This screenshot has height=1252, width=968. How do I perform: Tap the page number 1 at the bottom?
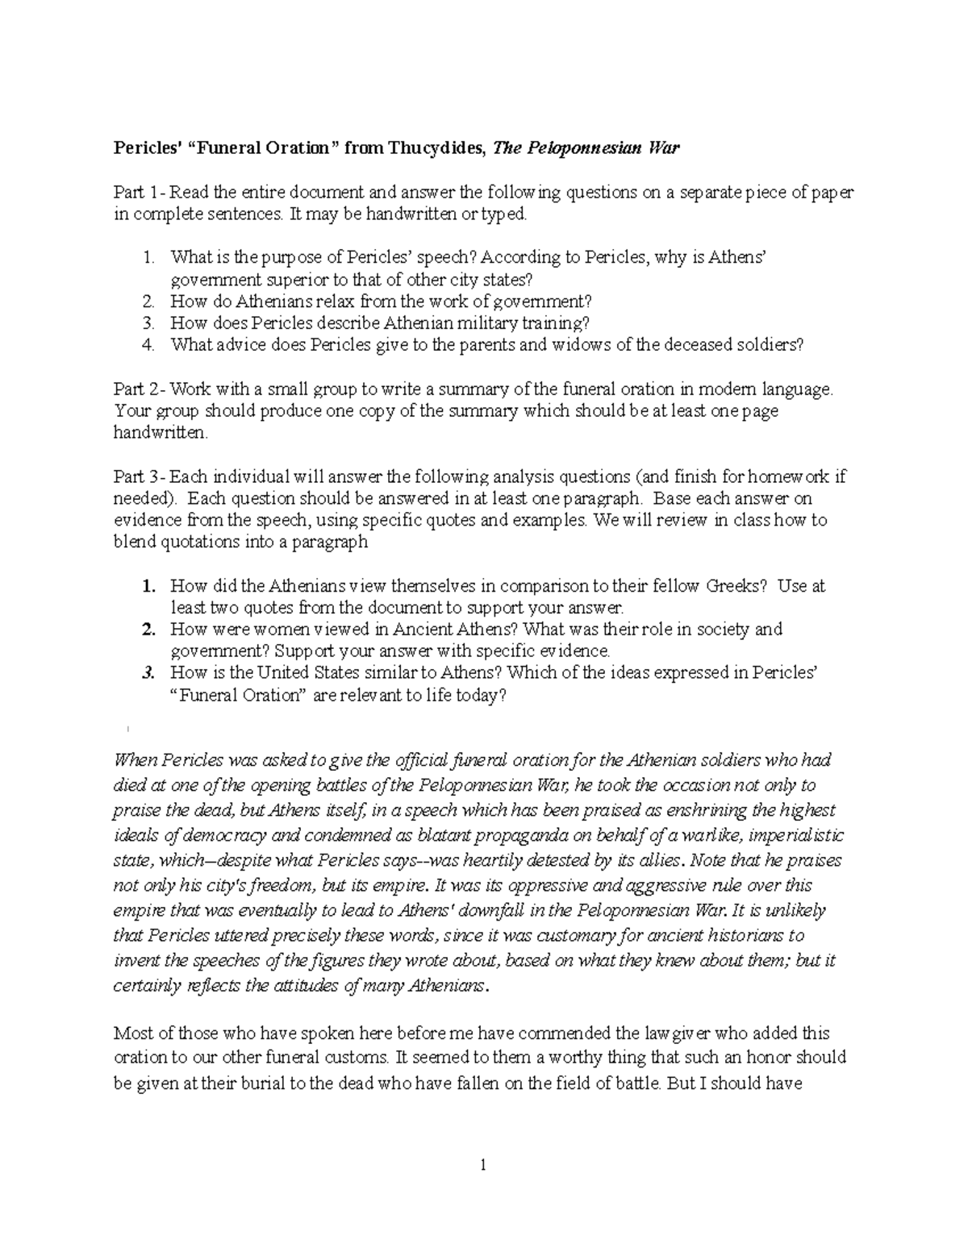(482, 1164)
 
